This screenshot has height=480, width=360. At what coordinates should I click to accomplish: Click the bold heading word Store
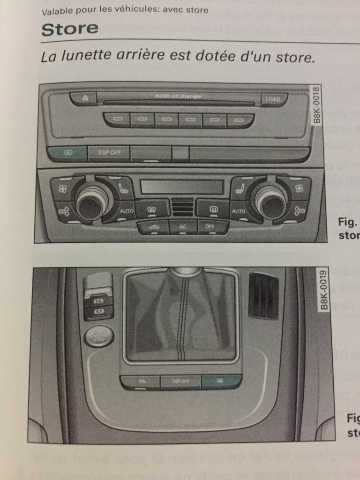click(70, 29)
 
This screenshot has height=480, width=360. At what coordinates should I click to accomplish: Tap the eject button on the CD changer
click(84, 98)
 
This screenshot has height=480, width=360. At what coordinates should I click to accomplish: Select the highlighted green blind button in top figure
click(67, 153)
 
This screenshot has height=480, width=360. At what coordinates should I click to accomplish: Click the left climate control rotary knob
click(91, 201)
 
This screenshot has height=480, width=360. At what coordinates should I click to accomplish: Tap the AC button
click(183, 227)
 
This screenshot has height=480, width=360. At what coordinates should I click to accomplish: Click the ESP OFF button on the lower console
click(180, 382)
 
